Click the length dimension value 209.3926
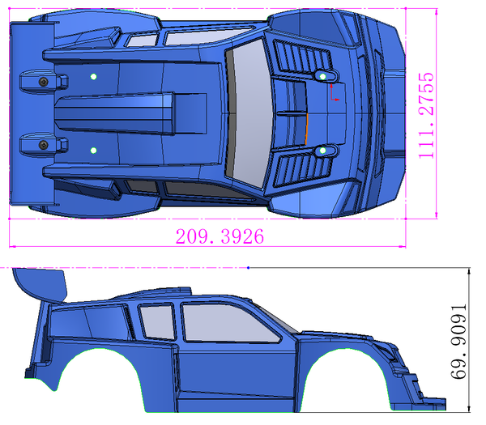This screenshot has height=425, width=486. tap(220, 236)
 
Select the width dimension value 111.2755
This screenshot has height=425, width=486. tap(426, 116)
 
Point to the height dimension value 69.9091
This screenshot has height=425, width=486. tap(458, 342)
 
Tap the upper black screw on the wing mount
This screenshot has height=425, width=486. tap(44, 82)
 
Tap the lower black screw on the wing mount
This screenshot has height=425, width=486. tap(44, 145)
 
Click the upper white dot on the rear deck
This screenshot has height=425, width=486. tap(93, 77)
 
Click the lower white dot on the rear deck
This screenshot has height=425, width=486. tap(93, 151)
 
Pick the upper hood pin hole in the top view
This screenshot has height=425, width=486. tap(322, 76)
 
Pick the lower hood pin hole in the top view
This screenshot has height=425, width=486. tap(322, 151)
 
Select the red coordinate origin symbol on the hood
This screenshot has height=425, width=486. tap(335, 92)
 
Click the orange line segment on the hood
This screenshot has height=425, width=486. tap(307, 130)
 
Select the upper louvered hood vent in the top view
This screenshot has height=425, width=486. tap(302, 58)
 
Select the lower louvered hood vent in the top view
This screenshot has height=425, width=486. tap(302, 169)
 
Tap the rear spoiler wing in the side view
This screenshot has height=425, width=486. tap(40, 285)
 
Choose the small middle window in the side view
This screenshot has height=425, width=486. tap(157, 321)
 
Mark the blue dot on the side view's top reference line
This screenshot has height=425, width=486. tap(249, 268)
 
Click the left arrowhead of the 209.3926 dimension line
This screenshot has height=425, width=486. tap(12, 247)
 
